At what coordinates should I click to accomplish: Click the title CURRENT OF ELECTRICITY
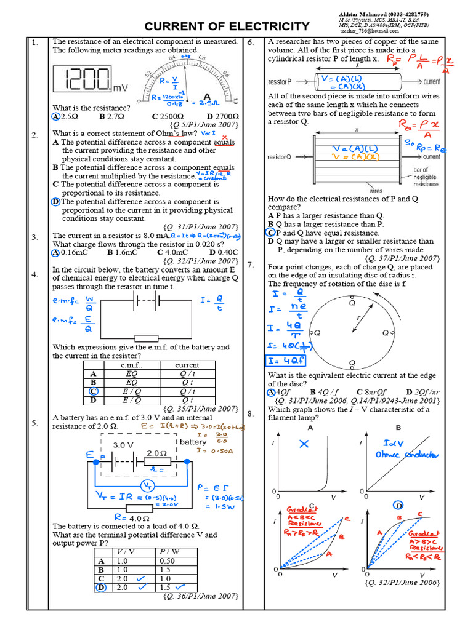227,26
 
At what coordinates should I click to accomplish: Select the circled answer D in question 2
56,201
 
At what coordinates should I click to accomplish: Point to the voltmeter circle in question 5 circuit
147,486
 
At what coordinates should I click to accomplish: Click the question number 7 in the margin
251,265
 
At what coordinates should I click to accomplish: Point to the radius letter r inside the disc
358,319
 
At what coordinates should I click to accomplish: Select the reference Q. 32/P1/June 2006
402,582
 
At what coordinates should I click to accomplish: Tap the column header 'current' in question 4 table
187,365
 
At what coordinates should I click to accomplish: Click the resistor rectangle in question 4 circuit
148,338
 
